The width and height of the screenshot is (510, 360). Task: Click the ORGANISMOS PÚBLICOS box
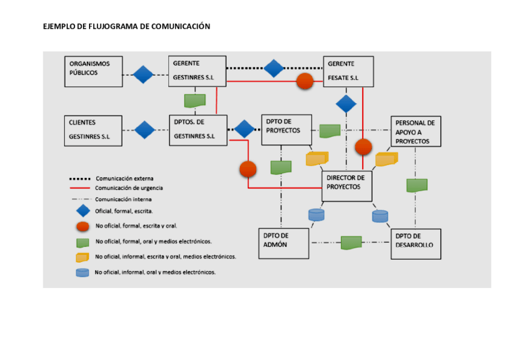[x=93, y=72]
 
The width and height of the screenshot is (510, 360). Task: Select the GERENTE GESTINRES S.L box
[x=197, y=72]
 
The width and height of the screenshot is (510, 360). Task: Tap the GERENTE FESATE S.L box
[x=348, y=72]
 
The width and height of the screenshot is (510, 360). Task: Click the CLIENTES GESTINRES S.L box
[x=93, y=130]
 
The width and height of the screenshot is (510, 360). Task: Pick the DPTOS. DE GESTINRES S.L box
[x=198, y=130]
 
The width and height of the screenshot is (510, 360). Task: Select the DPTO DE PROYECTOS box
[x=286, y=130]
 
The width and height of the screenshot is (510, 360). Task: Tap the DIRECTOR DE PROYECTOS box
[x=347, y=186]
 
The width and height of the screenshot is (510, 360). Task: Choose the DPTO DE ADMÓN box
[x=283, y=243]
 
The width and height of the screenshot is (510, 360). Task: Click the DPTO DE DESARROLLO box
[x=416, y=244]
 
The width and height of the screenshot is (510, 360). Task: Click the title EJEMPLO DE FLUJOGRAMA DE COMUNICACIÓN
[x=126, y=26]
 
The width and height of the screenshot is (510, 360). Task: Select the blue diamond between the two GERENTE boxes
[x=274, y=68]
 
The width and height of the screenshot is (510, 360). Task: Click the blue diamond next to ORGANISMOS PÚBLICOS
[x=143, y=75]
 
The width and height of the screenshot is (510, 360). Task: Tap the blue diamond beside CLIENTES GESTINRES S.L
[x=145, y=130]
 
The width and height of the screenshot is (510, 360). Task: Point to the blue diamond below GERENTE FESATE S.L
[x=346, y=103]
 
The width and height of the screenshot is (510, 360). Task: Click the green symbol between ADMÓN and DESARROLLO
[x=351, y=243]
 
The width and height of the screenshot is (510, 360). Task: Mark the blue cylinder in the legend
[x=82, y=272]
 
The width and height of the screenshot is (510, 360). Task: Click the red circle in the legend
[x=82, y=226]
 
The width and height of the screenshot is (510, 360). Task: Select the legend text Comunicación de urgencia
[x=129, y=188]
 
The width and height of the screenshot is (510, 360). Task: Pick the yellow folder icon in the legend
[x=82, y=257]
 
